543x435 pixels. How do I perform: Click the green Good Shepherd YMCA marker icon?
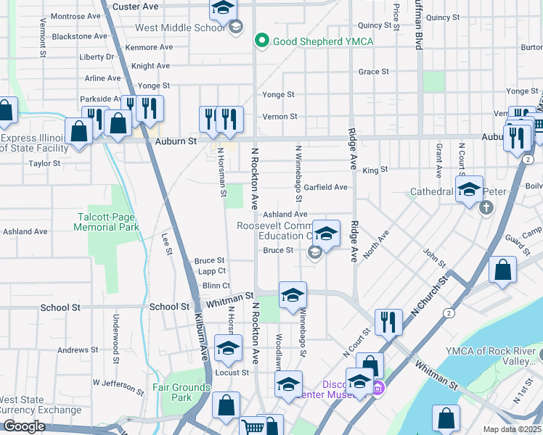tap(262, 41)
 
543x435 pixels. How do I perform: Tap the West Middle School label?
tap(180, 28)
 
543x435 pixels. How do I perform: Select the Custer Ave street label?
tap(136, 6)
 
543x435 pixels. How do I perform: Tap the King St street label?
tap(370, 170)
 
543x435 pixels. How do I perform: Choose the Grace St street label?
tap(374, 72)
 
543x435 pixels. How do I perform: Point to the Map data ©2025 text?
tap(513, 429)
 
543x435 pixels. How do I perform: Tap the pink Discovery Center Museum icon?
tap(377, 390)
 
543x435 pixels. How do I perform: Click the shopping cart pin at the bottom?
tap(253, 426)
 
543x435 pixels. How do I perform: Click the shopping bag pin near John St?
tap(503, 270)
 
